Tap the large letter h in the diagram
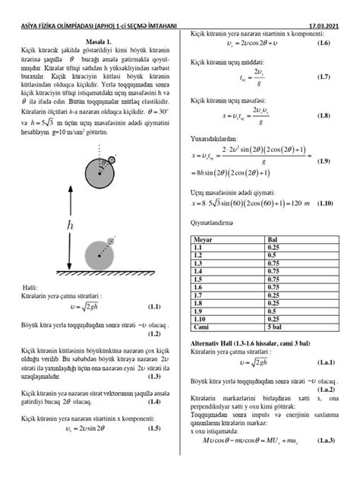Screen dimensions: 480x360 [x=71, y=226]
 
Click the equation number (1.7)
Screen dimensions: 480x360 [x=324, y=77]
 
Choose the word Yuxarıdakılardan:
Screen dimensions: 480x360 [x=216, y=140]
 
